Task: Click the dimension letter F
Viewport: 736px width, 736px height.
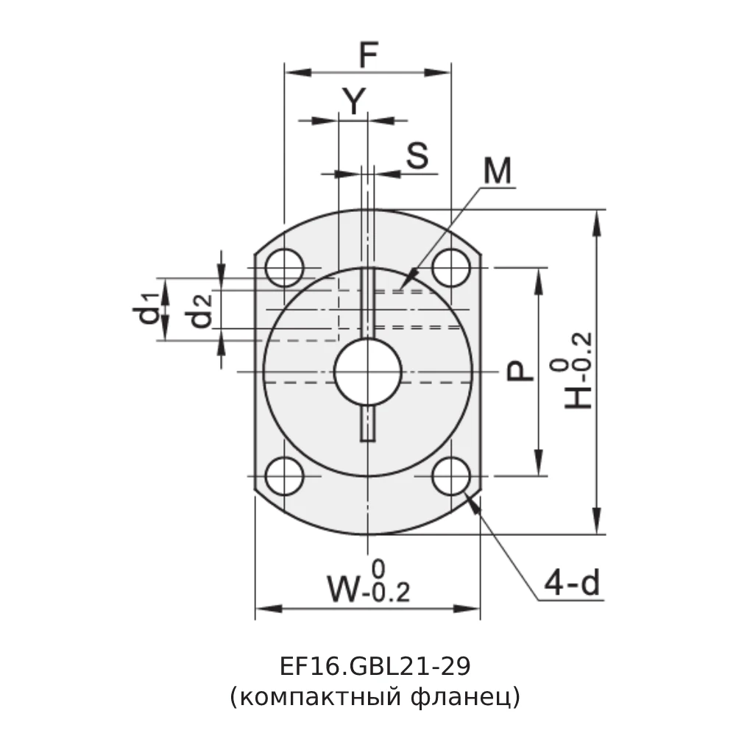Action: point(367,56)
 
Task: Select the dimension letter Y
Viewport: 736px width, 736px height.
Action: point(355,102)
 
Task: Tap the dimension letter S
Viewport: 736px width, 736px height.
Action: point(417,156)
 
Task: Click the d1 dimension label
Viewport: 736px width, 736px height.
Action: point(148,308)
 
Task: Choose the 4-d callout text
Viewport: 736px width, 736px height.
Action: point(572,584)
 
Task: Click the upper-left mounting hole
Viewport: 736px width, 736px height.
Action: point(285,268)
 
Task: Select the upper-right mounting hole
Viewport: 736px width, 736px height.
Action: point(451,268)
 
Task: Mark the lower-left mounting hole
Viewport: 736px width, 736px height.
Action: point(285,476)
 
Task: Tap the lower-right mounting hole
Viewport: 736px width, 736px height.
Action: point(451,476)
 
